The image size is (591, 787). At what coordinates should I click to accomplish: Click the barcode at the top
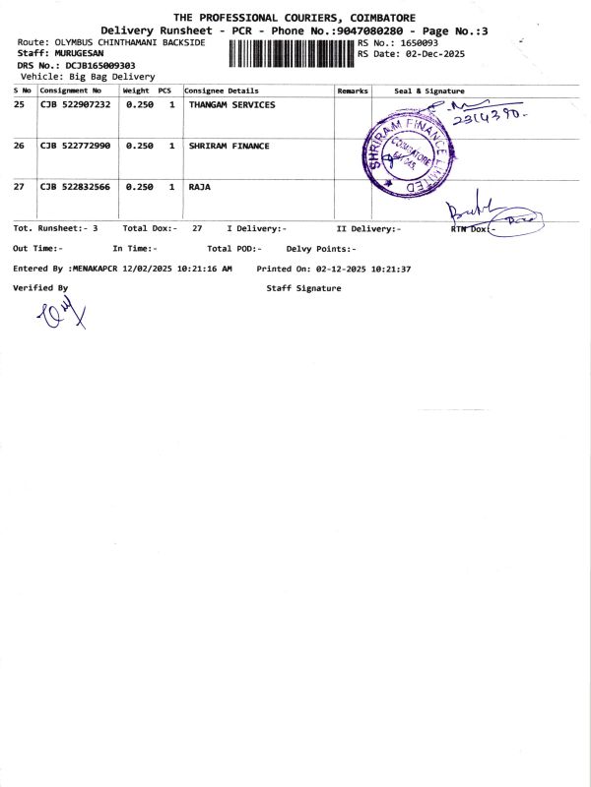click(291, 52)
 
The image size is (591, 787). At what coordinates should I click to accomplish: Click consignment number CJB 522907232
click(75, 104)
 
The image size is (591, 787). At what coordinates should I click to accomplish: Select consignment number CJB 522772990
click(75, 146)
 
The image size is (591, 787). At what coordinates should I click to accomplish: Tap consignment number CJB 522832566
click(75, 186)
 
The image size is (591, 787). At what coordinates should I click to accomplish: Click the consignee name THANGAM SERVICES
click(231, 104)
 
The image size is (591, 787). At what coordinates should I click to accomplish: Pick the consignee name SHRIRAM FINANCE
click(229, 146)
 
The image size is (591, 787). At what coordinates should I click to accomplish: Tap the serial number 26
click(19, 146)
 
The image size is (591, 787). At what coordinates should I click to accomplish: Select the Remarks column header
click(352, 91)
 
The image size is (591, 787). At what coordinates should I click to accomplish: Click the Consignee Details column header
click(222, 91)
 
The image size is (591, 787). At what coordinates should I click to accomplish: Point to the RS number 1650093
click(418, 43)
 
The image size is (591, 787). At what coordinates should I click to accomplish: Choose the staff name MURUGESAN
click(79, 54)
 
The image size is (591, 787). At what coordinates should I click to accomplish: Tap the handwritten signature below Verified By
click(61, 314)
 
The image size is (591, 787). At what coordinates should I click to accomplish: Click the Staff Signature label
click(303, 288)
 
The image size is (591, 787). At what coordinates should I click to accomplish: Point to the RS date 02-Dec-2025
click(434, 54)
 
